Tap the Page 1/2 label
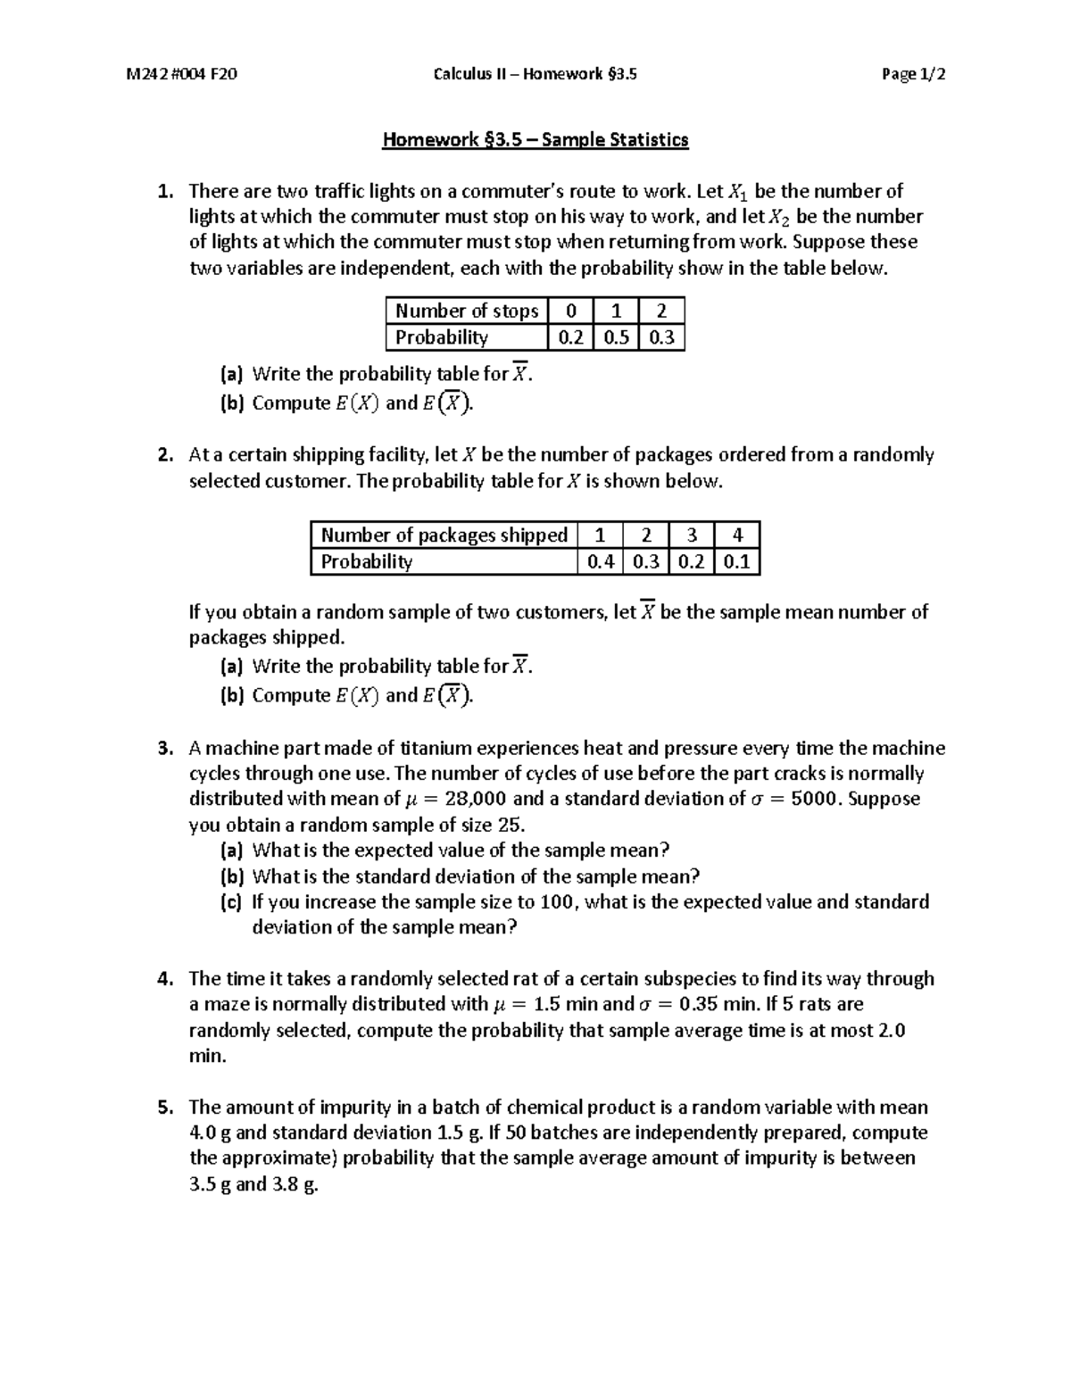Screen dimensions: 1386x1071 click(x=913, y=74)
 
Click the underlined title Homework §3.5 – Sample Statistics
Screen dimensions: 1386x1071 click(x=535, y=139)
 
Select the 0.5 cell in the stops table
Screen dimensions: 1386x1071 click(x=616, y=337)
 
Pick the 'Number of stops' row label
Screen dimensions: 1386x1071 click(x=466, y=311)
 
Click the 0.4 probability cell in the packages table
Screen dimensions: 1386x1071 click(x=600, y=561)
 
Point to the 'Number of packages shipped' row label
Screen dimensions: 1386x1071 click(x=444, y=535)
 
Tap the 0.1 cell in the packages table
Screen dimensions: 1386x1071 click(x=736, y=561)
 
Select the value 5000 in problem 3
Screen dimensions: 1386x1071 click(x=815, y=799)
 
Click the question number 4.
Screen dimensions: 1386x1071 click(x=164, y=978)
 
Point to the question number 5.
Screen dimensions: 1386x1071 click(x=164, y=1108)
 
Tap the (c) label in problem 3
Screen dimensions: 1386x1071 click(x=231, y=901)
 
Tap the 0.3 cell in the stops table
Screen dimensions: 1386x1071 click(x=661, y=337)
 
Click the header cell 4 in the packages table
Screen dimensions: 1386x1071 click(x=736, y=535)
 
